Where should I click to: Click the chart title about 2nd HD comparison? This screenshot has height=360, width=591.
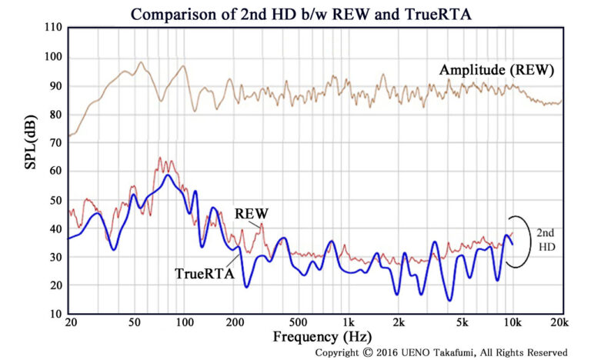[x=295, y=13]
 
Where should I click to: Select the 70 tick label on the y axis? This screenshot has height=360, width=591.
[x=54, y=142]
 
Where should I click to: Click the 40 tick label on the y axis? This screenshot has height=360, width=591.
[x=54, y=228]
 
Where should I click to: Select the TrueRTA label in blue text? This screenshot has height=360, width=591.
[x=202, y=272]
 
